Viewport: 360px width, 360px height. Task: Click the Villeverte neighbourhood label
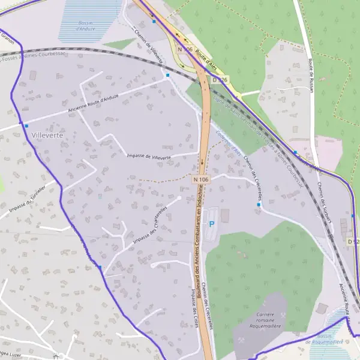[x=44, y=136]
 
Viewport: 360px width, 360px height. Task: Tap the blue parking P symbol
[x=211, y=224]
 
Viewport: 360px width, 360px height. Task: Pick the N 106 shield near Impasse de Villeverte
[x=201, y=179]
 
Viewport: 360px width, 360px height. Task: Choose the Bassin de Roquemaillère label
[x=324, y=338]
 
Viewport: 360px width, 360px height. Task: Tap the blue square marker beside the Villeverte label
[x=26, y=125]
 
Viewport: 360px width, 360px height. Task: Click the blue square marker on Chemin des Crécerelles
[x=259, y=205]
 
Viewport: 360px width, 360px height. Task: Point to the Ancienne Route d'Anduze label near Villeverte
[x=94, y=106]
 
